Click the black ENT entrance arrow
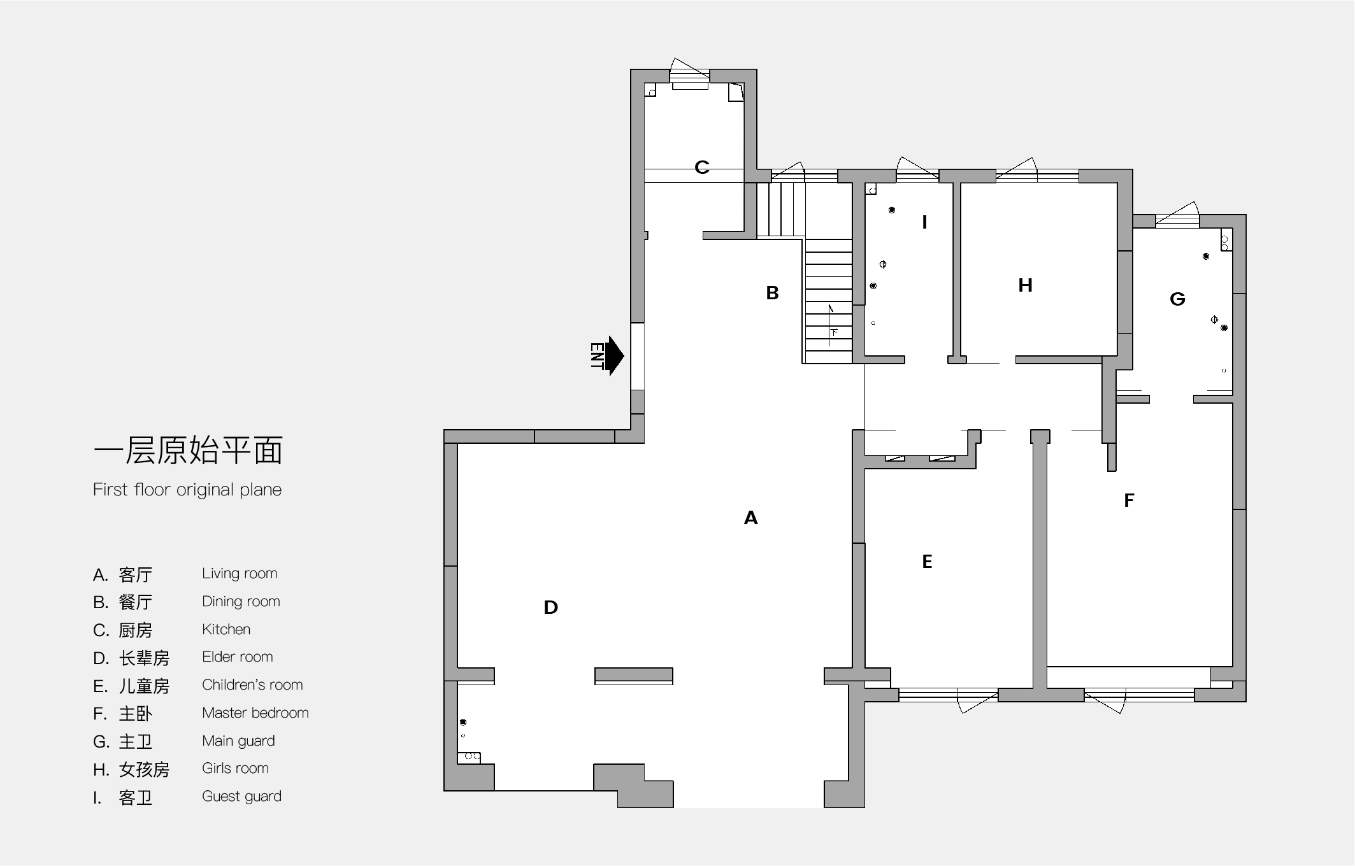tap(614, 356)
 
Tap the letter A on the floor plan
tap(751, 518)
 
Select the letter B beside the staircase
tap(772, 293)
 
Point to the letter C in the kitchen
tap(702, 167)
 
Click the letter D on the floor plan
tap(551, 607)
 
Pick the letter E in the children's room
tap(928, 561)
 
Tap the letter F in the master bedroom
tap(1129, 500)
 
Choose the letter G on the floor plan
tap(1177, 299)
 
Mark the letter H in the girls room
tap(1025, 285)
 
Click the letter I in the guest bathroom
tap(924, 222)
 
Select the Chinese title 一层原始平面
tap(189, 450)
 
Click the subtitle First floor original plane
tap(187, 490)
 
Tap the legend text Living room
tap(240, 573)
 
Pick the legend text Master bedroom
tap(255, 713)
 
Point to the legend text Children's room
tap(252, 685)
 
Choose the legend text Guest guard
tap(241, 796)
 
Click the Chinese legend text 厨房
tap(136, 630)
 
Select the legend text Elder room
tap(238, 657)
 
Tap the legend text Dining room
tap(241, 601)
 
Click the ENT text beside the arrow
tap(597, 356)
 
